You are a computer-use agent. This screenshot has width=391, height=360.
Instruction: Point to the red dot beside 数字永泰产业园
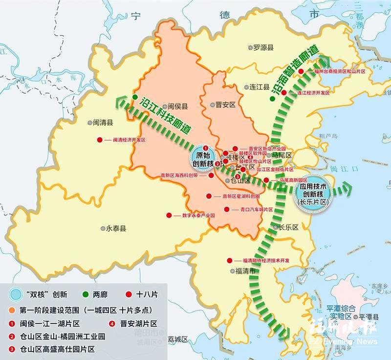169,215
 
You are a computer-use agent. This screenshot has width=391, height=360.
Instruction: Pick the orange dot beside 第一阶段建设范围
11,310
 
